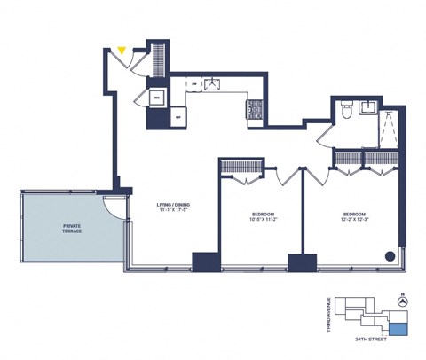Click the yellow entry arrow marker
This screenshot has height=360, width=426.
point(122,51)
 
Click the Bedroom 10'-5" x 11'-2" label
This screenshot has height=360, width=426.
point(262,217)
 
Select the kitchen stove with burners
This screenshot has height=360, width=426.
point(254,108)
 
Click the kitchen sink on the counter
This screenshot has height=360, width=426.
point(212,85)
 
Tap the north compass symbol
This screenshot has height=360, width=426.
point(404,301)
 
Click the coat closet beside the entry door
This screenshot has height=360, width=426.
point(157,59)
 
